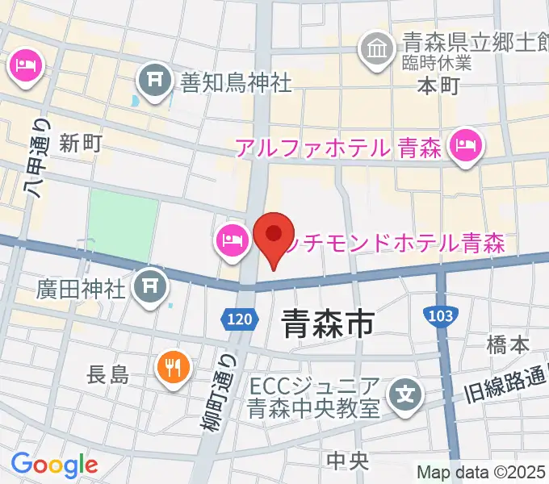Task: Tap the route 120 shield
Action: pyautogui.click(x=239, y=320)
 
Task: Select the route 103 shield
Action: pyautogui.click(x=438, y=315)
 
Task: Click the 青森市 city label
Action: pyautogui.click(x=328, y=324)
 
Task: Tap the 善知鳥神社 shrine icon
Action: pyautogui.click(x=153, y=80)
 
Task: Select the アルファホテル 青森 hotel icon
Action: pyautogui.click(x=466, y=147)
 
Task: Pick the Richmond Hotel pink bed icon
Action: pyautogui.click(x=231, y=240)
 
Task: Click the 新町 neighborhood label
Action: pyautogui.click(x=80, y=144)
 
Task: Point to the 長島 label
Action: pyautogui.click(x=108, y=373)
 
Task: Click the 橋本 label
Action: pyautogui.click(x=508, y=345)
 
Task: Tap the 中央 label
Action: pyautogui.click(x=348, y=461)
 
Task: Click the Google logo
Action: pyautogui.click(x=54, y=465)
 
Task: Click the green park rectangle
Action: pyautogui.click(x=123, y=227)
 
